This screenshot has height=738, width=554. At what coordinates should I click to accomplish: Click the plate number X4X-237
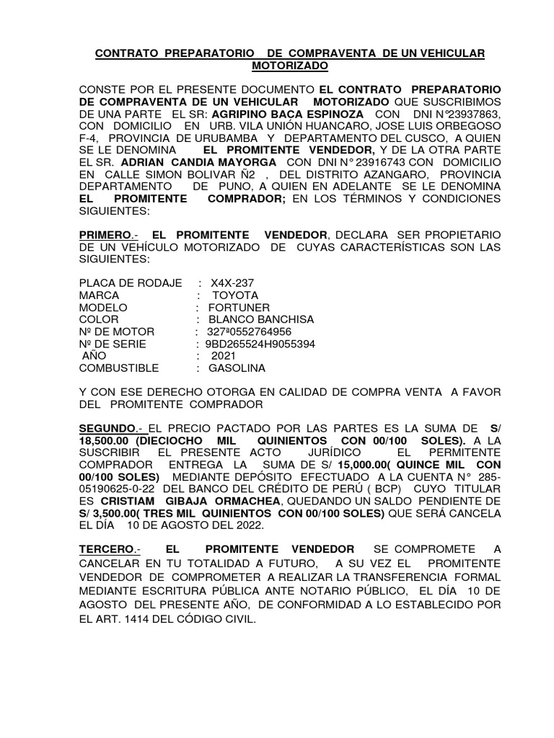tap(232, 283)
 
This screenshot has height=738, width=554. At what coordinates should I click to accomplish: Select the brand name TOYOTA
tap(235, 295)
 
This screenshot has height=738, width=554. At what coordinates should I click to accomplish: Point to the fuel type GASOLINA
tap(237, 368)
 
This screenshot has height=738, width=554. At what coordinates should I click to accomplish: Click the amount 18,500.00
tap(113, 440)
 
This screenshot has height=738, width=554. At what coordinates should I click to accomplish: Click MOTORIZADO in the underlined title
tap(289, 66)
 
